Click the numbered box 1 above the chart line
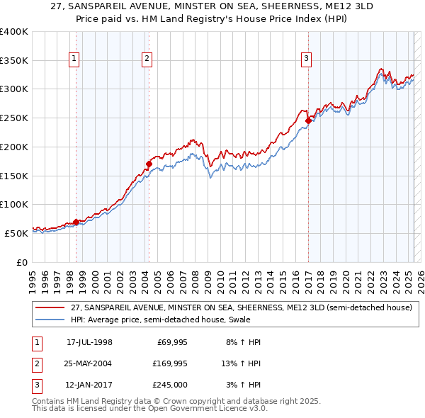(x=74, y=59)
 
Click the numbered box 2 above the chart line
(x=147, y=59)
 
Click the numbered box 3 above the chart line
(x=306, y=59)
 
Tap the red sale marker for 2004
(x=149, y=164)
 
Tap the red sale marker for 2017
(x=308, y=121)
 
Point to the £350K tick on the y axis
(x=14, y=60)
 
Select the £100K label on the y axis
(x=14, y=204)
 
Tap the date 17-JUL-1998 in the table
(x=89, y=342)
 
